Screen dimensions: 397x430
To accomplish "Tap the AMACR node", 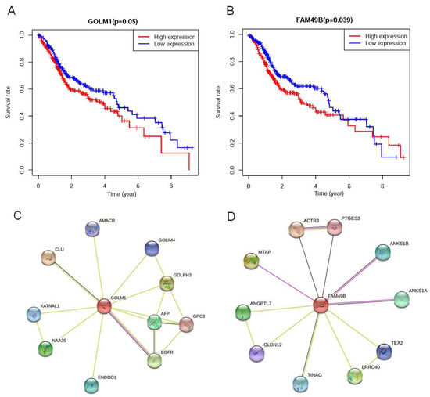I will point(94,229).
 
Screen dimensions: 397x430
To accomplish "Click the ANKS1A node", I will point(402,298).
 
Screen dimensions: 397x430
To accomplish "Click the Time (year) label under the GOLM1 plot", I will point(114,192).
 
